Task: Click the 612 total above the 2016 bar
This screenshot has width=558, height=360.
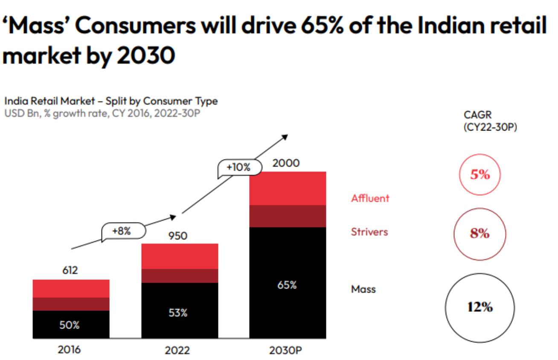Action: [71, 270]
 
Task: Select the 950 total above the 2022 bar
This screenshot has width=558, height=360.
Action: [178, 235]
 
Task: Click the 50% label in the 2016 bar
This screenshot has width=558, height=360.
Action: [70, 325]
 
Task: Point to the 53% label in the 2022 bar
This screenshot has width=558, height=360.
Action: [177, 313]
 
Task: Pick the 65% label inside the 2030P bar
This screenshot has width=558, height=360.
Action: [287, 285]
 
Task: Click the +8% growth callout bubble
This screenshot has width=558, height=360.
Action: [122, 231]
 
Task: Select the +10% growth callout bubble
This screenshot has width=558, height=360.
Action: [239, 168]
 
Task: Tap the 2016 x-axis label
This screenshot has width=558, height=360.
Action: [69, 350]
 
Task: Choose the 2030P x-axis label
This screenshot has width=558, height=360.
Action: [287, 351]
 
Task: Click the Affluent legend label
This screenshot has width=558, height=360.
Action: [370, 198]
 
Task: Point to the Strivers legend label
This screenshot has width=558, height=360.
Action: [369, 232]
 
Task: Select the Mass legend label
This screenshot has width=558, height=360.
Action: [363, 289]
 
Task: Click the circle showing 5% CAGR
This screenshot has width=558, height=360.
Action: [480, 174]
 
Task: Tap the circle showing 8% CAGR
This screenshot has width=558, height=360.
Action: [480, 234]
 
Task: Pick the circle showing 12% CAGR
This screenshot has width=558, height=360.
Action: [480, 307]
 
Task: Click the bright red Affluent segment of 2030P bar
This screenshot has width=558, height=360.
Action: [288, 189]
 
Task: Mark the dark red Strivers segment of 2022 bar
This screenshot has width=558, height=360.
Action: [180, 276]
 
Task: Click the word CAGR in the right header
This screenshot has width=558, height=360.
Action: [477, 115]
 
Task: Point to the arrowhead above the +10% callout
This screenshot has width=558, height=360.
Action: [285, 137]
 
